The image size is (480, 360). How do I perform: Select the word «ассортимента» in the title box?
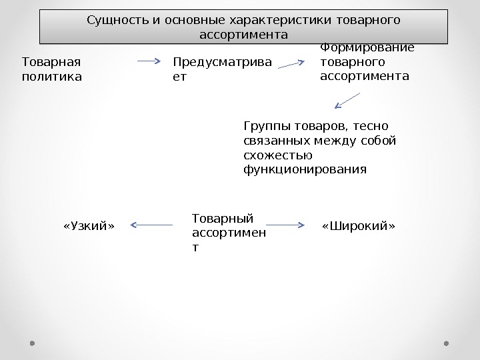tap(243, 33)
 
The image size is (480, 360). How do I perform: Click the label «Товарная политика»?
tap(51, 69)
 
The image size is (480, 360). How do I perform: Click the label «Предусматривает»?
tap(222, 69)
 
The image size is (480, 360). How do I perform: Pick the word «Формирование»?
tap(367, 48)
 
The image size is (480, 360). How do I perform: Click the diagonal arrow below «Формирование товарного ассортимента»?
tap(347, 101)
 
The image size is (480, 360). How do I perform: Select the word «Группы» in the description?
tap(265, 126)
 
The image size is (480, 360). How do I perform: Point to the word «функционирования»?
tap(305, 170)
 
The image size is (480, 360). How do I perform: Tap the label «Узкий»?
tap(89, 225)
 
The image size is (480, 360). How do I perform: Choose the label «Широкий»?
tap(359, 225)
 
